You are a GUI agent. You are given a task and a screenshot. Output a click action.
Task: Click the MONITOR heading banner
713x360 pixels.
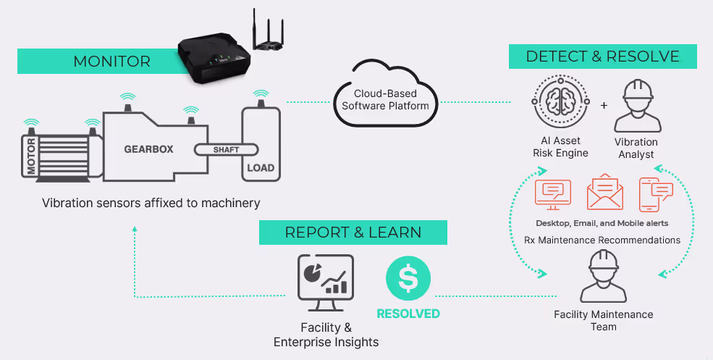point(112,61)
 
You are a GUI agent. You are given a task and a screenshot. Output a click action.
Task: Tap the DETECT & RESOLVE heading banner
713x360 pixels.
point(602,56)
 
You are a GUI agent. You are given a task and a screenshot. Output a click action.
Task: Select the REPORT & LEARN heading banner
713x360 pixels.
point(353,232)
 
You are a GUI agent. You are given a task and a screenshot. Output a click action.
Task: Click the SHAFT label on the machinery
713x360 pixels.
point(226,150)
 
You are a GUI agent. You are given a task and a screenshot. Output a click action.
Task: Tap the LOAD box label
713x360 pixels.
point(261,167)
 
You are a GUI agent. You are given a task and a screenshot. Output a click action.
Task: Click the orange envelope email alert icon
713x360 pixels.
point(605,193)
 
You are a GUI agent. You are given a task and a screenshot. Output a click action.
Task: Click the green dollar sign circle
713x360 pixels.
point(408,278)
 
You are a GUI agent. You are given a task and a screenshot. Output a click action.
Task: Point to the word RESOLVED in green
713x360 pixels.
point(408,314)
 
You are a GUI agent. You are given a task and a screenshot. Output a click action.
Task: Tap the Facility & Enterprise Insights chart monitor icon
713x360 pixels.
point(325,277)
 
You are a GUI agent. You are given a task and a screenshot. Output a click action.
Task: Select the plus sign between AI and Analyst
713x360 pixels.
point(604,105)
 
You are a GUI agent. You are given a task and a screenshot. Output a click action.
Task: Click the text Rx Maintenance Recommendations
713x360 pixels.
point(602,240)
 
